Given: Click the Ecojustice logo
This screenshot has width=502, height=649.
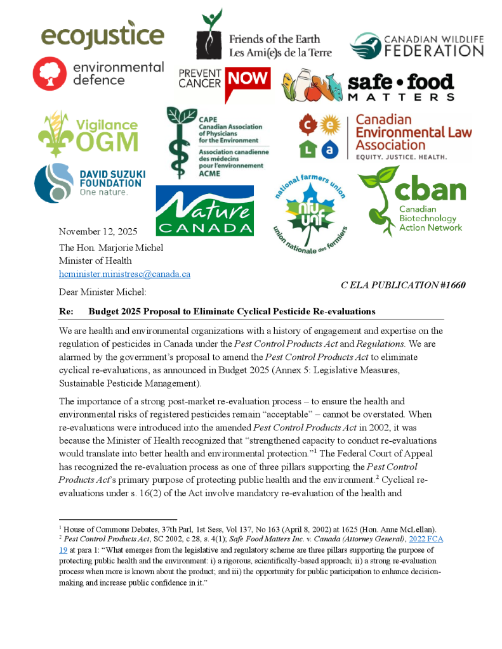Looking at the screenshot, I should (x=102, y=36).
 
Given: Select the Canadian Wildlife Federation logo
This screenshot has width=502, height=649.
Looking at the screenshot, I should (x=416, y=45).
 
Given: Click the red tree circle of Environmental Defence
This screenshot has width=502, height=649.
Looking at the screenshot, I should (x=49, y=72).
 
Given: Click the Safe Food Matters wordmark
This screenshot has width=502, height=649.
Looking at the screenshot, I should (x=401, y=87).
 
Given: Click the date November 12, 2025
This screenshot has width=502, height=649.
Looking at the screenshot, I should (x=98, y=231).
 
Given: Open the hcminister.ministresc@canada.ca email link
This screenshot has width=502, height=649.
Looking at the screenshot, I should (x=124, y=274).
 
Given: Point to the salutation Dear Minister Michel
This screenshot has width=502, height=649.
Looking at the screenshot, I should (x=102, y=292).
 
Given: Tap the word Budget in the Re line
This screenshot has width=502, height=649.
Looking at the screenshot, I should (x=103, y=311).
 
